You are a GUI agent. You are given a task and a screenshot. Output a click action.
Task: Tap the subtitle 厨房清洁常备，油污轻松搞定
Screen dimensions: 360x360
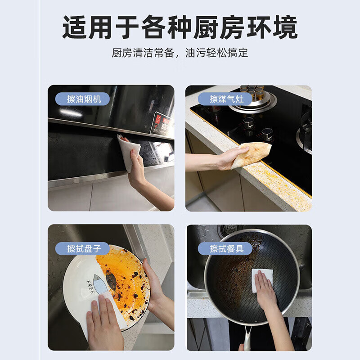coord(180,53)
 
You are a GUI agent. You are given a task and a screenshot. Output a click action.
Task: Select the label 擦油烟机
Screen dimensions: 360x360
coord(84,99)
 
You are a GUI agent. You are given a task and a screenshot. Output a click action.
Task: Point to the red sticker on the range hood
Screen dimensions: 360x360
coord(162,124)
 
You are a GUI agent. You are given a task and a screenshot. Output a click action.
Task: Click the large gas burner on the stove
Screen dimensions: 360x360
coord(252,101)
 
